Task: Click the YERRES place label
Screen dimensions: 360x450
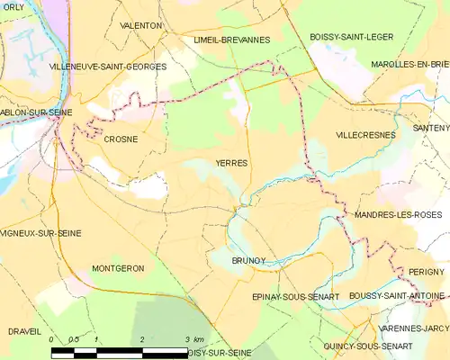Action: [x=232, y=163]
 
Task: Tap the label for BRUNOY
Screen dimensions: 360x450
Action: [x=247, y=260]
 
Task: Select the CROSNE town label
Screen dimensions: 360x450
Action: [x=120, y=139]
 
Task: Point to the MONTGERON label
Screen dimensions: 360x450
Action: [x=118, y=269]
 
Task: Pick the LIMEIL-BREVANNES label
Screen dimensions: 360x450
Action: [x=231, y=40]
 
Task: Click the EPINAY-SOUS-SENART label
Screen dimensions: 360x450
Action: [x=283, y=296]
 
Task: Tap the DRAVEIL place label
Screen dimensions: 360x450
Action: [x=24, y=331]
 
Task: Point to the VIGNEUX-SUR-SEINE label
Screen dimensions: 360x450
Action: [x=41, y=233]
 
